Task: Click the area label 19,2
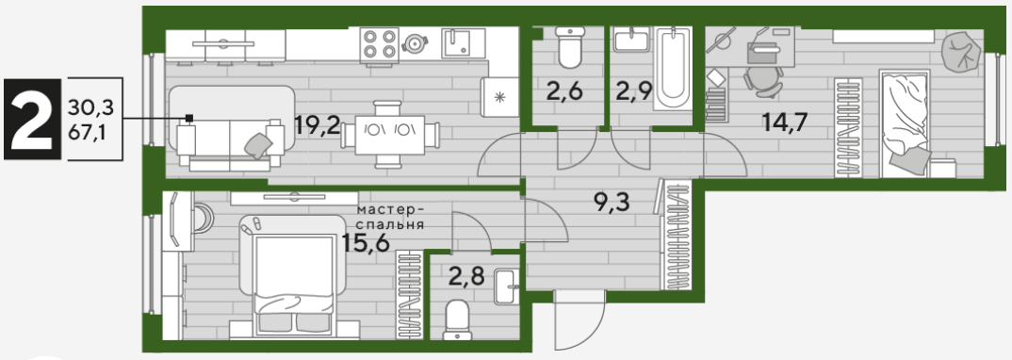(x=317, y=125)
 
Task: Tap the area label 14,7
(x=785, y=122)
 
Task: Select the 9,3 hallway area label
(x=612, y=204)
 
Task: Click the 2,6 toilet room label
(x=564, y=91)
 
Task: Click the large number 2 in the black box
(x=32, y=120)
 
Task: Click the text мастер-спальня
(x=390, y=218)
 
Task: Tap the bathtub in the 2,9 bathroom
(x=674, y=69)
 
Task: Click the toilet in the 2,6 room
(x=570, y=46)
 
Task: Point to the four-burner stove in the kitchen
(x=380, y=43)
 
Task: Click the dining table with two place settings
(x=391, y=135)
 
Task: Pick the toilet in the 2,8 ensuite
(x=459, y=319)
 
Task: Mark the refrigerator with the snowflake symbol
(x=499, y=97)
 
